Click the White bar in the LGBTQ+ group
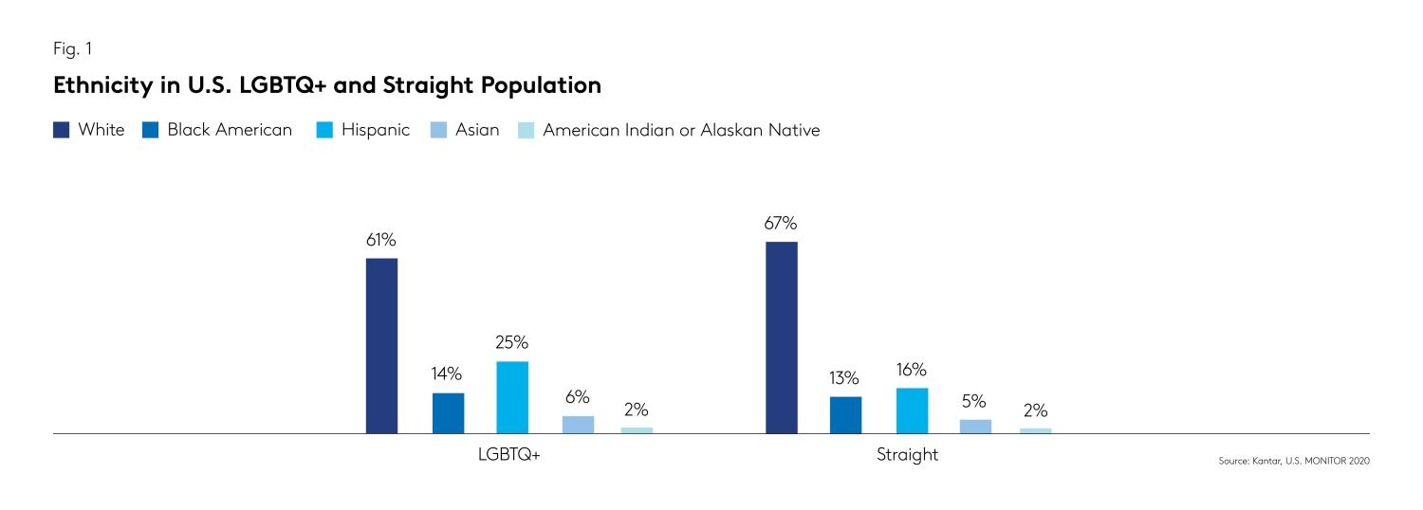(381, 345)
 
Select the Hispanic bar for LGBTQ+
(512, 396)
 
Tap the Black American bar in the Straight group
(845, 414)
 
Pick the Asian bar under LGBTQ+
(578, 424)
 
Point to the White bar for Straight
(781, 337)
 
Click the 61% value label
(381, 240)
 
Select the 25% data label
(512, 343)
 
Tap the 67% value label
(781, 224)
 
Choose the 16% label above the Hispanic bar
(912, 370)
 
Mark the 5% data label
(974, 401)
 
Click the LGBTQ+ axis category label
(509, 455)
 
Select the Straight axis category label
(907, 455)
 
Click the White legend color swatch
(61, 131)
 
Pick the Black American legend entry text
(230, 130)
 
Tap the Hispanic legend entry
(375, 130)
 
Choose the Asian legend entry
(477, 130)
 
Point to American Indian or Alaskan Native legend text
(680, 130)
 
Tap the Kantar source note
(1294, 461)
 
